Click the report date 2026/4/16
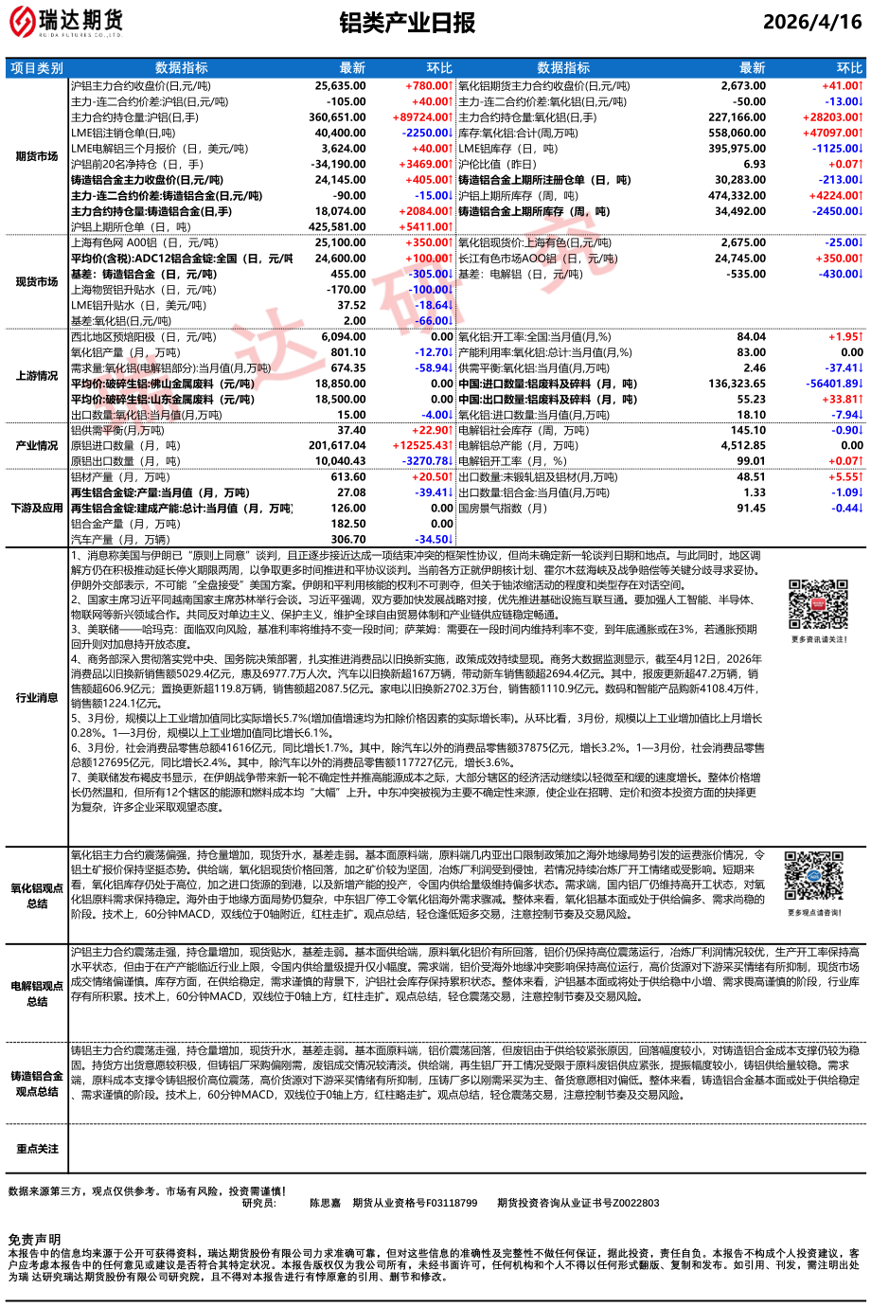pyautogui.click(x=811, y=23)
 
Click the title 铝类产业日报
pyautogui.click(x=407, y=24)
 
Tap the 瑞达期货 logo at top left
pyautogui.click(x=66, y=22)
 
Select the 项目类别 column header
pyautogui.click(x=37, y=68)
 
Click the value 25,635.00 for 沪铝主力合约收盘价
pyautogui.click(x=340, y=86)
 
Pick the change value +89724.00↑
pyautogui.click(x=422, y=117)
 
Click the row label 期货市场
pyautogui.click(x=37, y=156)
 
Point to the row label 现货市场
pyautogui.click(x=37, y=282)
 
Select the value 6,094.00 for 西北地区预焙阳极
pyautogui.click(x=343, y=337)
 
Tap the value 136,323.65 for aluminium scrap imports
pyautogui.click(x=737, y=384)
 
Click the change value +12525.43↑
pyautogui.click(x=422, y=445)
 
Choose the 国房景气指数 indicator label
pyautogui.click(x=503, y=509)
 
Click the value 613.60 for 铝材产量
pyautogui.click(x=348, y=477)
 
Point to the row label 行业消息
pyautogui.click(x=37, y=698)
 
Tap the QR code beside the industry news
pyautogui.click(x=819, y=605)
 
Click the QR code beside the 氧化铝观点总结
pyautogui.click(x=813, y=877)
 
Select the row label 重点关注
pyautogui.click(x=37, y=1149)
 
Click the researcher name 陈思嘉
pyautogui.click(x=325, y=1203)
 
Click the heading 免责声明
pyautogui.click(x=34, y=1240)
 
